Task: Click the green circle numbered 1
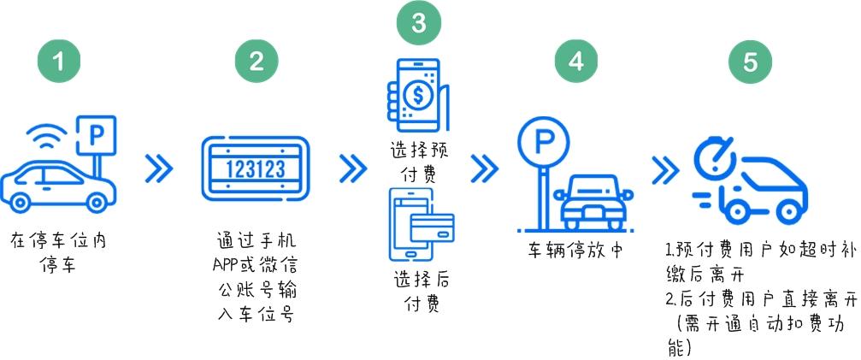click(x=59, y=62)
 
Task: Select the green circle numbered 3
click(x=418, y=24)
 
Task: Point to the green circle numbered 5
click(x=750, y=62)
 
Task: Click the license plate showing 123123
click(x=256, y=168)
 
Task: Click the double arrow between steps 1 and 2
click(x=158, y=169)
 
